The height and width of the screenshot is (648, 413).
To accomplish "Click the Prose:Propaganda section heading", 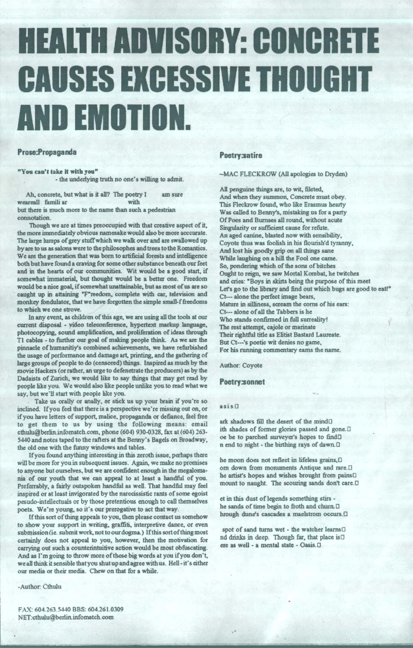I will (47, 151).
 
